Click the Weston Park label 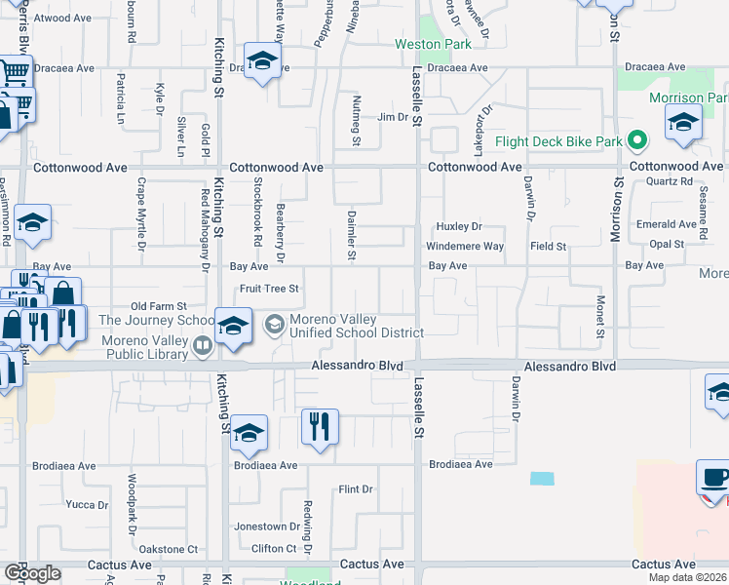pos(433,44)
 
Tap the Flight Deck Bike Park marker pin pos(637,142)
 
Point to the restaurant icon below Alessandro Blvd pos(320,427)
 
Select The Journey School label pos(156,320)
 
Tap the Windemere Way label pos(465,247)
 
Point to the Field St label pos(548,247)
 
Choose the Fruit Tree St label pos(269,289)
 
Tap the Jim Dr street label pos(392,117)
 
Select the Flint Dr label pos(356,489)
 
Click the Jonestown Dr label pos(260,526)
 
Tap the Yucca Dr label pos(87,504)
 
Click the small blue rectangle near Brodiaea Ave pos(542,479)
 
